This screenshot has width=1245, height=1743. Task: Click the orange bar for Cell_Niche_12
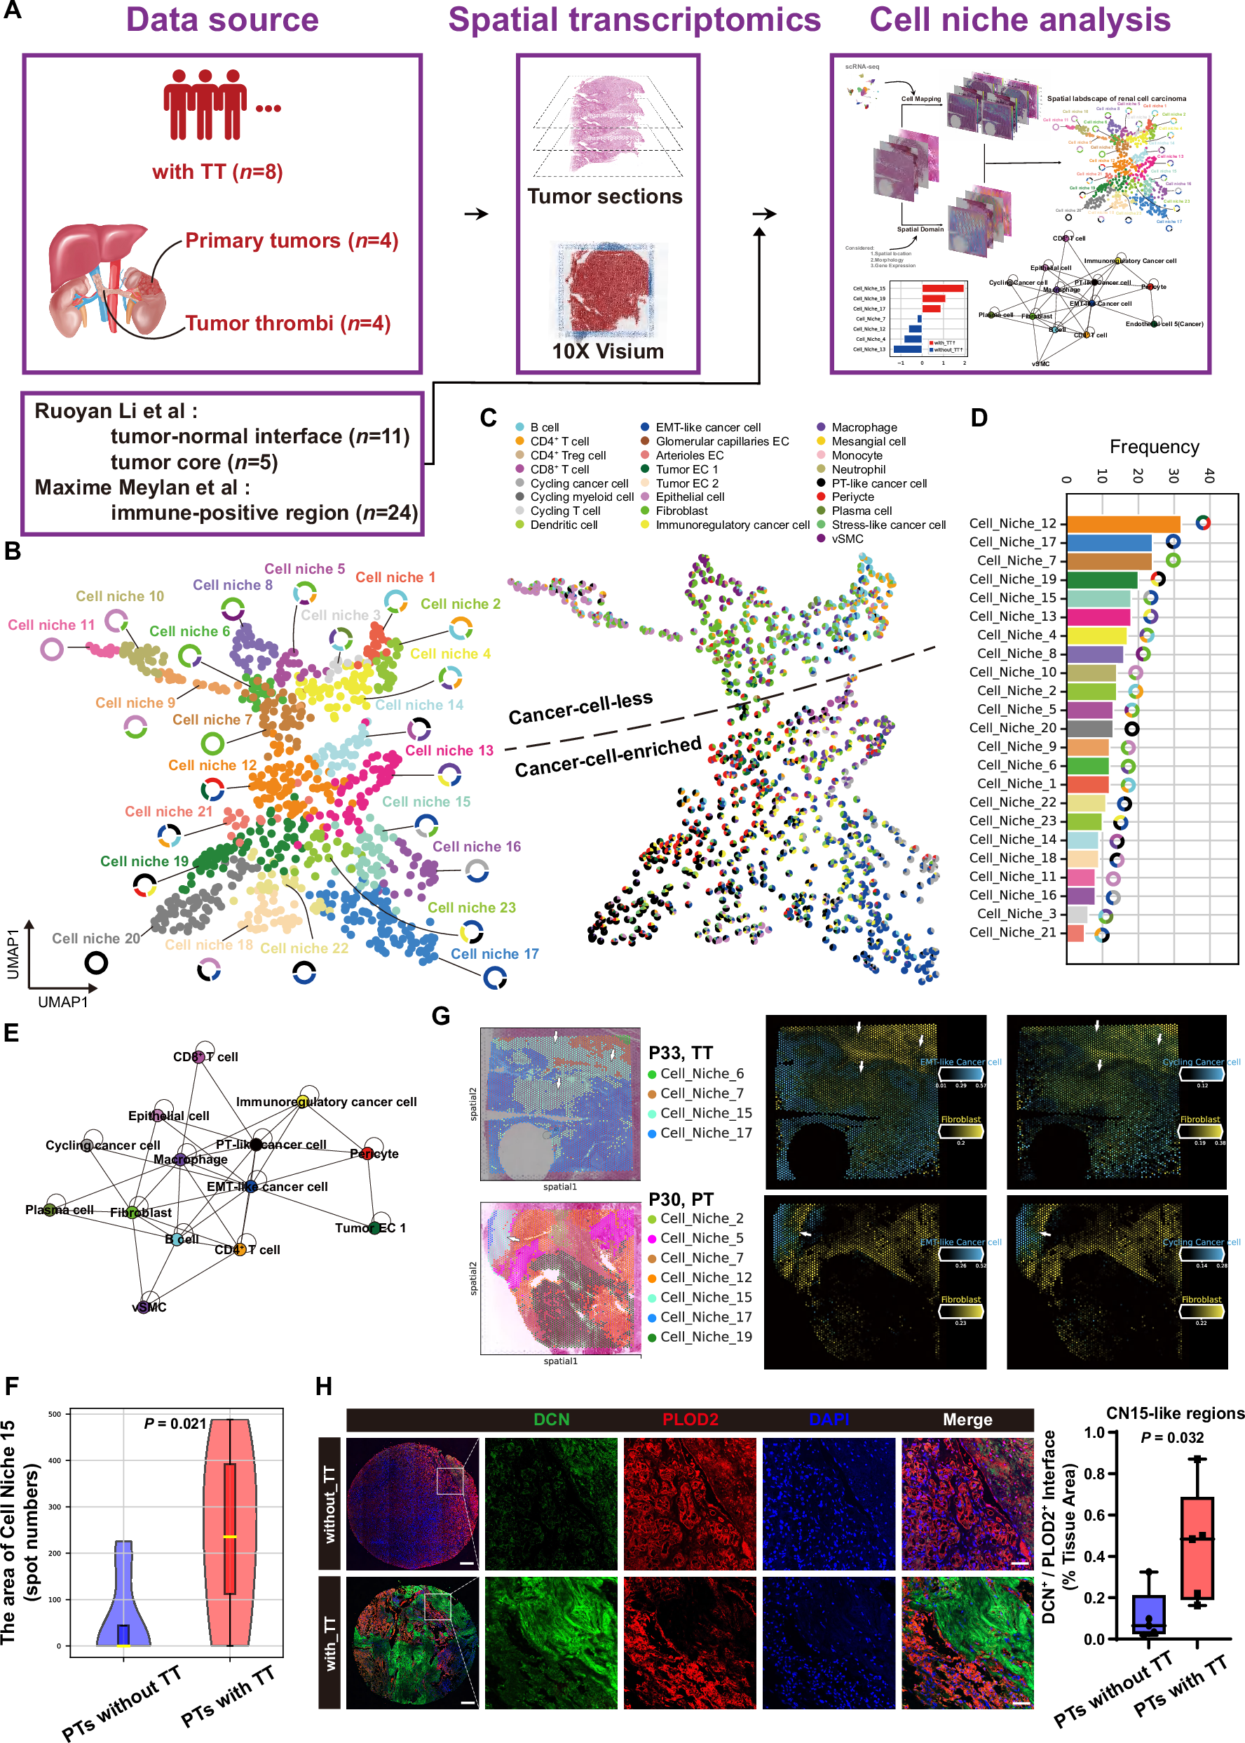pos(1123,524)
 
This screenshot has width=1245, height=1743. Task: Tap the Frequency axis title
pos(1154,447)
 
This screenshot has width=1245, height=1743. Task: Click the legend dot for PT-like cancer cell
pos(821,483)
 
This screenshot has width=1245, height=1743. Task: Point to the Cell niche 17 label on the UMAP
pos(494,954)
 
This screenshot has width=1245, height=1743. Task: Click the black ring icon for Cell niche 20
pos(96,962)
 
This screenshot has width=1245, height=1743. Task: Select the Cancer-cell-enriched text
pos(608,757)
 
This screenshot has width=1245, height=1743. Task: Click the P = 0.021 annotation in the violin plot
pos(175,1423)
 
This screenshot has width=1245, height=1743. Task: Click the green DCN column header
pos(551,1420)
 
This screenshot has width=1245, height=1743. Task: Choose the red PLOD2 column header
pos(690,1420)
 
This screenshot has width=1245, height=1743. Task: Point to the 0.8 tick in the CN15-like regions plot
pos(1094,1474)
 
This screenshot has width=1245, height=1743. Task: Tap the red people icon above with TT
pos(205,105)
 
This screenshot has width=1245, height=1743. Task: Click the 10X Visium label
pos(608,351)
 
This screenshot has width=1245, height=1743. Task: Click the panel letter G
pos(441,1016)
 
